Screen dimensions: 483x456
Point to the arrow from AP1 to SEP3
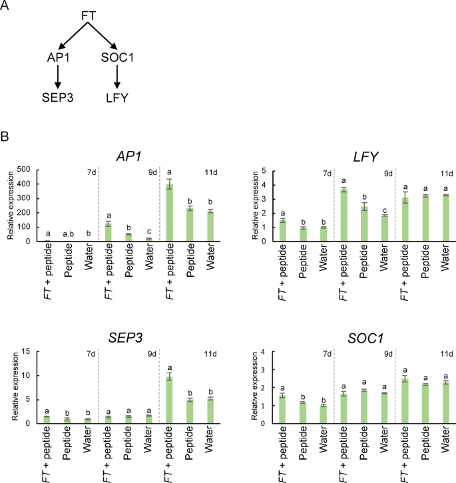click(x=58, y=79)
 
